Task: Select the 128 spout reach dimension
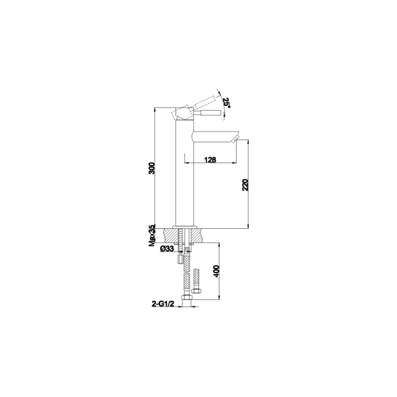point(209,159)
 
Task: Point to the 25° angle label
point(227,102)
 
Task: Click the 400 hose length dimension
point(217,271)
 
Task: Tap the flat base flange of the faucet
point(185,227)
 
